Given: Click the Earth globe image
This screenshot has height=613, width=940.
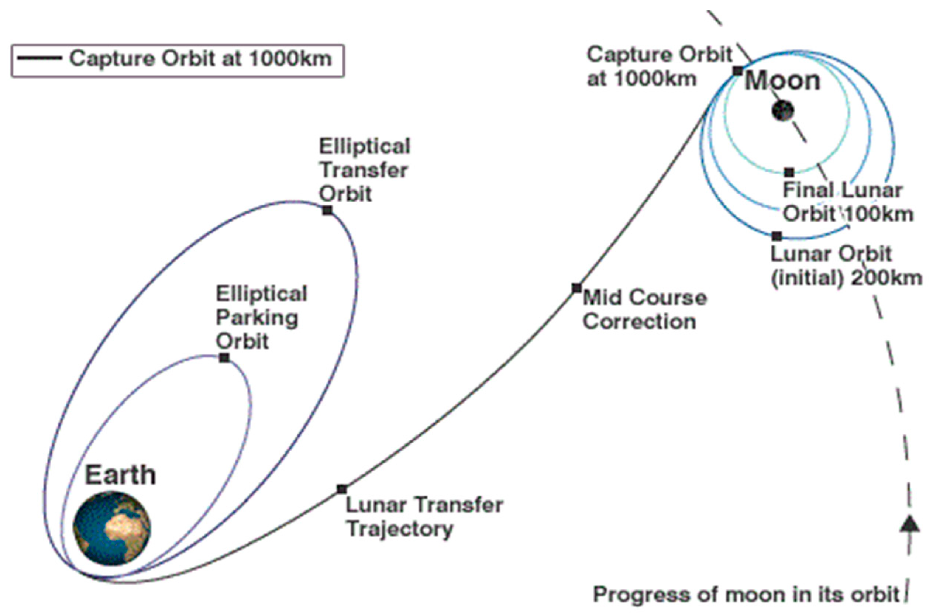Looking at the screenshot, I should click(x=112, y=528).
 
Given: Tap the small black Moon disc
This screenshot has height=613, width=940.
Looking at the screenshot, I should click(x=782, y=111).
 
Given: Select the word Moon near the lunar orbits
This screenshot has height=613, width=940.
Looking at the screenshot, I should click(x=782, y=81).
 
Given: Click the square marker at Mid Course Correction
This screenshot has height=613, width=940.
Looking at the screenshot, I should click(x=576, y=288).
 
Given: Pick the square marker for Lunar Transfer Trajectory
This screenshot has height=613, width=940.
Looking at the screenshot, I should click(x=342, y=489).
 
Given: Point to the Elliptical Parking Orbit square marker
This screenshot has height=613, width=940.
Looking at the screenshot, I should click(x=224, y=358).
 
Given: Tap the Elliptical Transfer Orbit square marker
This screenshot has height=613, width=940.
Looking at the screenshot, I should click(x=327, y=210).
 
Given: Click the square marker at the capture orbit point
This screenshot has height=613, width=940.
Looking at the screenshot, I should click(x=737, y=71).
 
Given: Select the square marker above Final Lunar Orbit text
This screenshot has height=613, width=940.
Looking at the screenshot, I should click(x=789, y=173).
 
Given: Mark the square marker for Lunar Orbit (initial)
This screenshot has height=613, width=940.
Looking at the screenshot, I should click(x=777, y=236).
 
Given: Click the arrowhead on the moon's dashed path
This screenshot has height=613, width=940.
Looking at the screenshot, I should click(x=910, y=524).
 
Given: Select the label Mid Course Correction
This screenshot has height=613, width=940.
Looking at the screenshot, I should click(x=645, y=309).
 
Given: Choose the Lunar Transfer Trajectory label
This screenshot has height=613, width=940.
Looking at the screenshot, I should click(x=424, y=517).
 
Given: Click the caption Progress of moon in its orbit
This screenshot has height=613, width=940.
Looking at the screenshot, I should click(x=746, y=595).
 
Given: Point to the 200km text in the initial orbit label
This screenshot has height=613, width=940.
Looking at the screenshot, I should click(x=886, y=278).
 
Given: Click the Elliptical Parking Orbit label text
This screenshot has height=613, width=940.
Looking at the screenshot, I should click(x=261, y=318).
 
